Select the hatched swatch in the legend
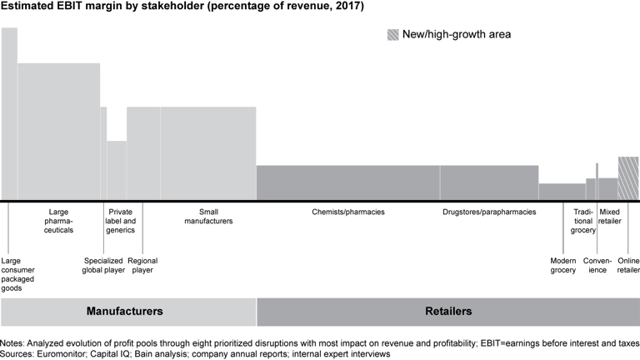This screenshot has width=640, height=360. pos(392,35)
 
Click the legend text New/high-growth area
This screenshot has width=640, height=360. pos(458,35)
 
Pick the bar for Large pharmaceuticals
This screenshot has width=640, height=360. pos(58,132)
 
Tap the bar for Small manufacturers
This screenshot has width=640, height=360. pos(208,153)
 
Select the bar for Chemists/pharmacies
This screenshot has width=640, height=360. pos(347,182)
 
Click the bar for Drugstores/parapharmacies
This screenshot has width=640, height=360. pos(489,182)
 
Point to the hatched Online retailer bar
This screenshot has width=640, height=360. pos(628,178)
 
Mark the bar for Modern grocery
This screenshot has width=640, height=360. pos(562,192)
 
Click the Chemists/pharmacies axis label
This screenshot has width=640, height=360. pos(348,212)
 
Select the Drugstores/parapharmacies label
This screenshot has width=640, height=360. pos(489,212)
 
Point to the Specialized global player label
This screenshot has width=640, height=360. pos(103,266)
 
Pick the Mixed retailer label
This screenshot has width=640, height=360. pos(610,217)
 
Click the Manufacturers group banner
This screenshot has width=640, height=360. pos(124,312)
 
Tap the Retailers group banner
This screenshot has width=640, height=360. pos(447,312)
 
